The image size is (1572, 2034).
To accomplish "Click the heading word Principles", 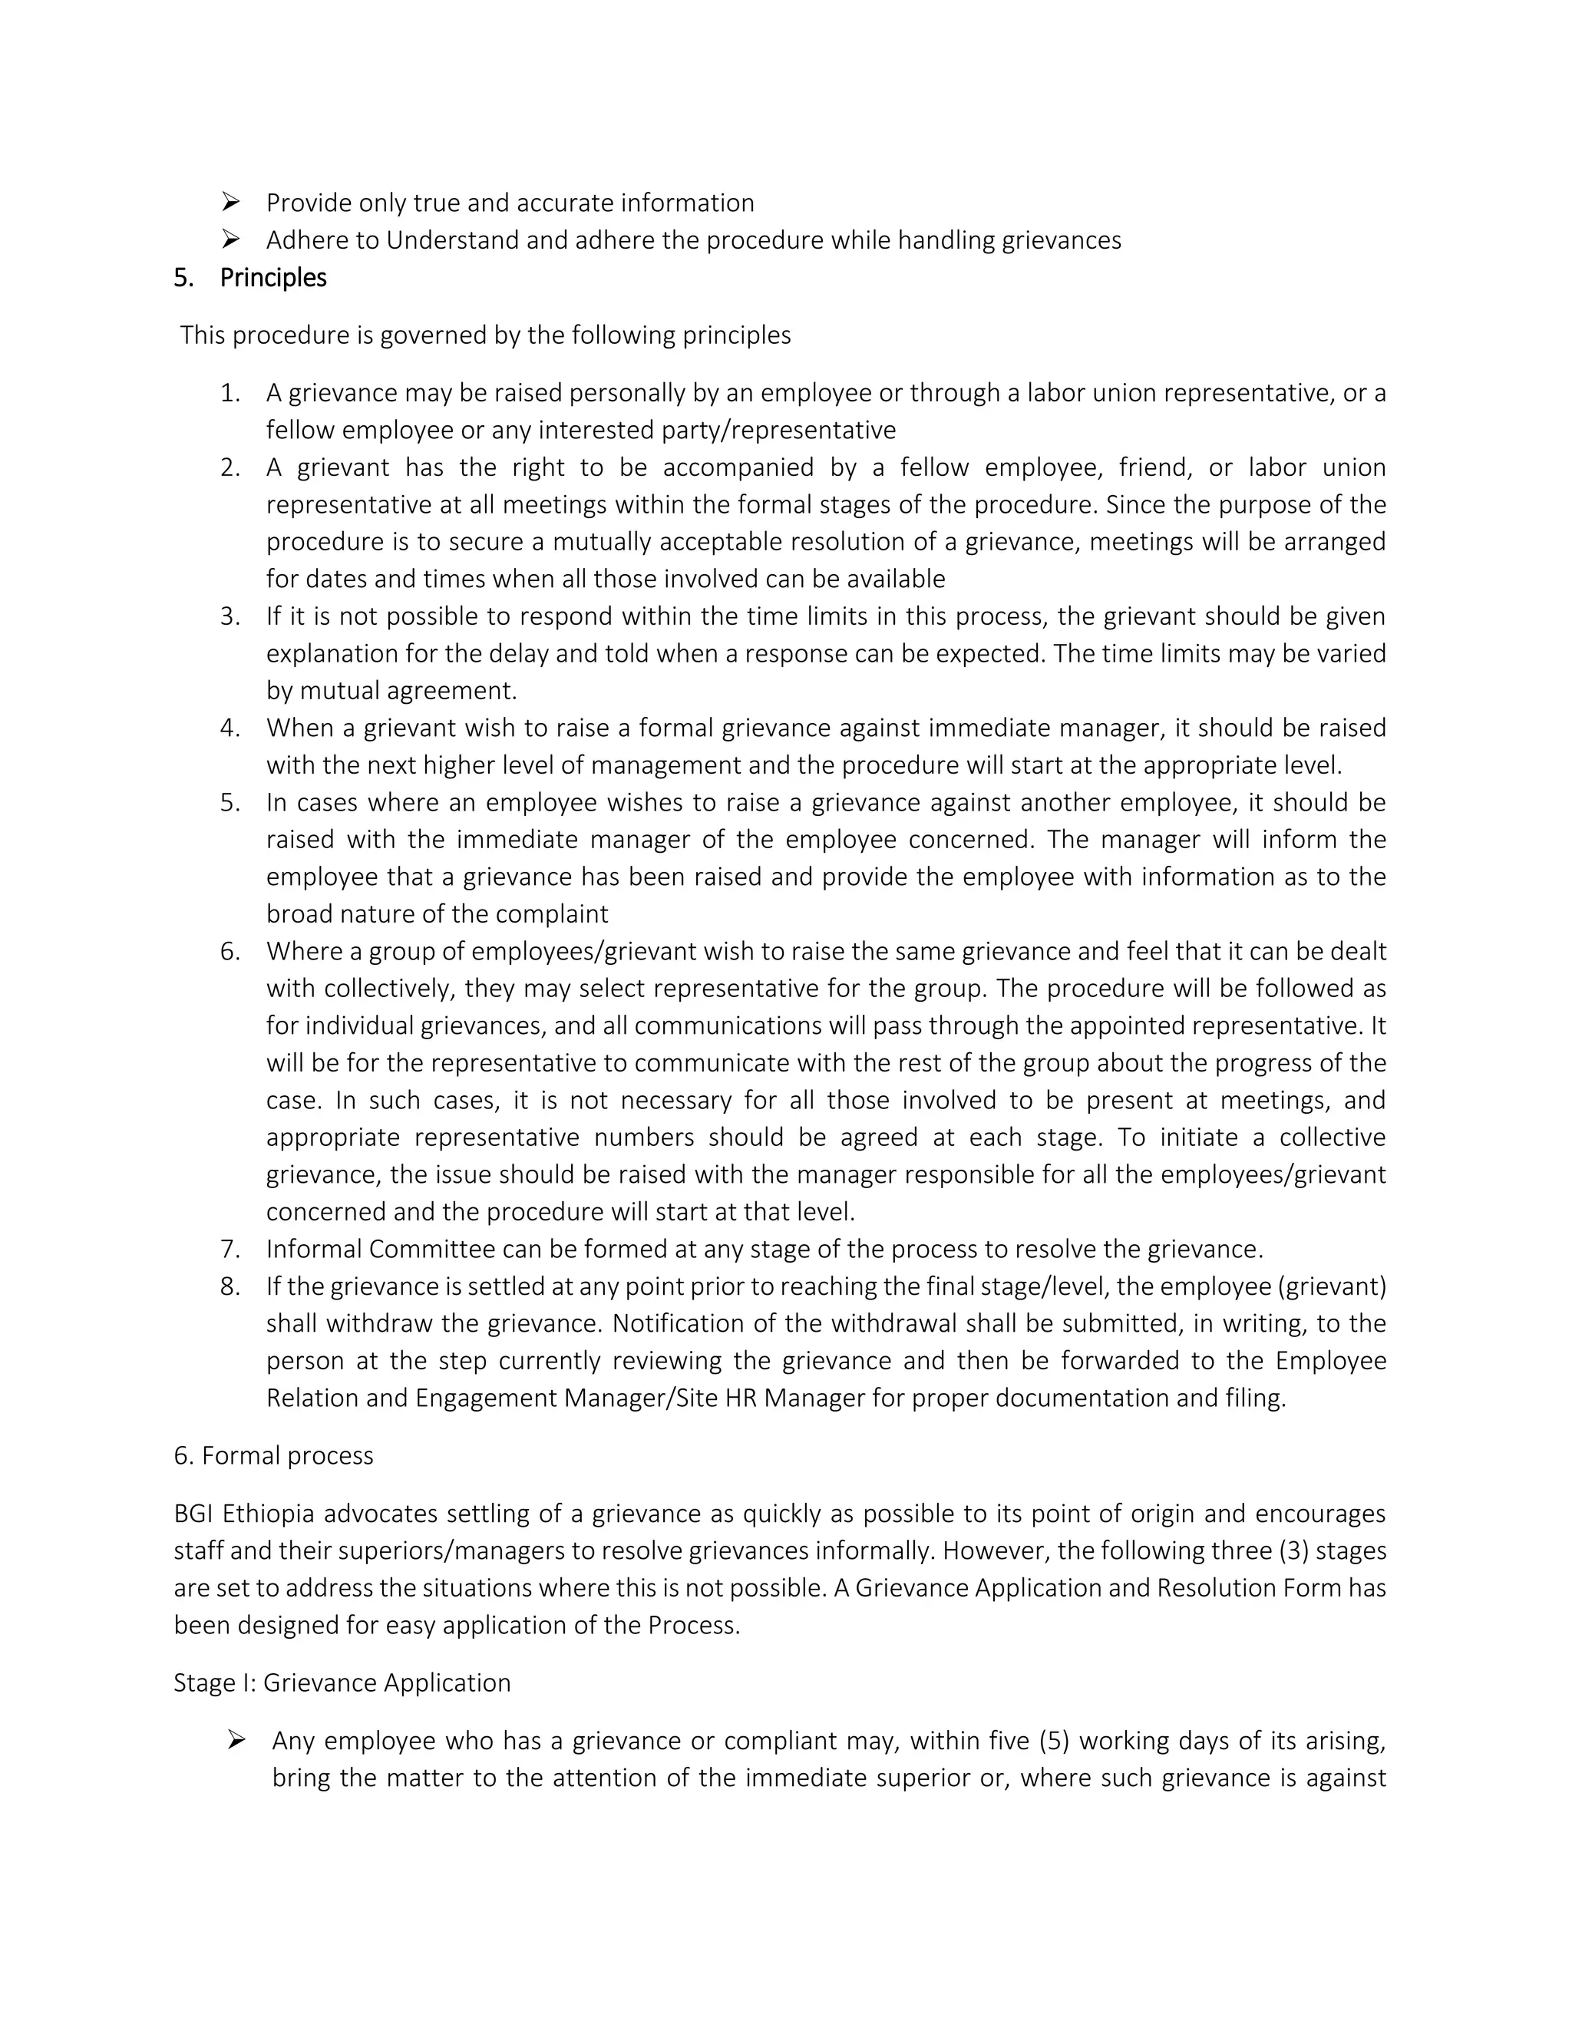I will (272, 279).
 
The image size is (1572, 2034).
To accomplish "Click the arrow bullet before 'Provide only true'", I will (231, 202).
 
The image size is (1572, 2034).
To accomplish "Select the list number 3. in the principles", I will (230, 616).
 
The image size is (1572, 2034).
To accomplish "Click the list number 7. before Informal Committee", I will (230, 1249).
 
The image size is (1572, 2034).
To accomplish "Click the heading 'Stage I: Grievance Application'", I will (342, 1683).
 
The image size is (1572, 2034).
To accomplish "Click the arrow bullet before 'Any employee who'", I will (236, 1740).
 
